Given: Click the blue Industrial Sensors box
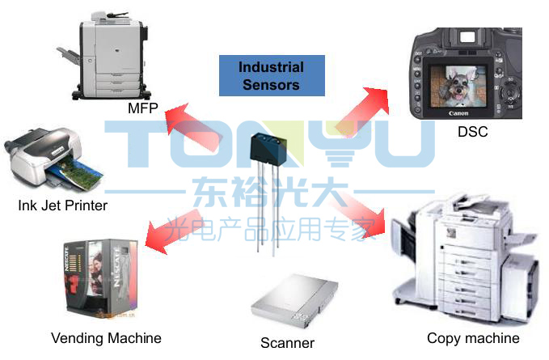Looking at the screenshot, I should click(271, 75).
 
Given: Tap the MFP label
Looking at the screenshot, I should click(142, 108).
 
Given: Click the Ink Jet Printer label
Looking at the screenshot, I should click(62, 205).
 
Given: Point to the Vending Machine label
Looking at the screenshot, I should click(106, 337).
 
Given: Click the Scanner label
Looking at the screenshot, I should click(287, 343).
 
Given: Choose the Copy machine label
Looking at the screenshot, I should click(473, 337).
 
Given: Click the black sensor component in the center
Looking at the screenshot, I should click(268, 150).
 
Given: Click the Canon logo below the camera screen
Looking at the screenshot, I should click(458, 113).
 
